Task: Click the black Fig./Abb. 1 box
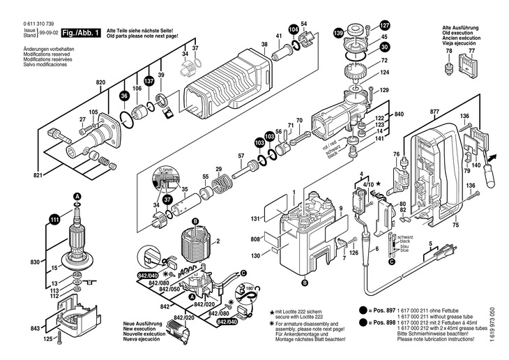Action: pos(81,32)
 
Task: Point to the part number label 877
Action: pos(434,112)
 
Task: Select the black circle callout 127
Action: pos(384,26)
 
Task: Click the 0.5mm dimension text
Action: pos(165,169)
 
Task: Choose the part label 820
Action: pos(100,83)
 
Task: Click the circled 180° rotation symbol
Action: pos(248,287)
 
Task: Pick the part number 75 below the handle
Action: pos(455,226)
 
